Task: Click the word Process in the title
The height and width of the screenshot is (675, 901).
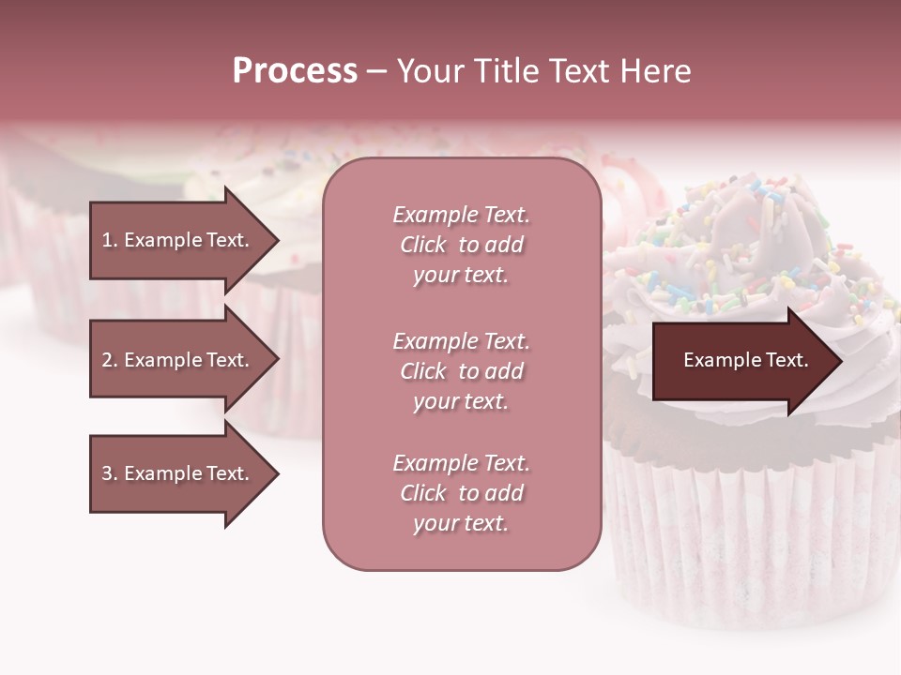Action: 295,71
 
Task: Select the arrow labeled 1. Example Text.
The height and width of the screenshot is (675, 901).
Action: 176,240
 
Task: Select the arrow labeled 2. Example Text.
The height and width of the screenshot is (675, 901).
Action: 176,360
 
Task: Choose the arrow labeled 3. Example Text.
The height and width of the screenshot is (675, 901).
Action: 176,473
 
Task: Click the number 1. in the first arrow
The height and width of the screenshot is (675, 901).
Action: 109,240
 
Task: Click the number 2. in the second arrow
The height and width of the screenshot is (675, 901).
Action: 109,360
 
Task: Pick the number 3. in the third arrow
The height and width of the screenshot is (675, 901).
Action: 109,473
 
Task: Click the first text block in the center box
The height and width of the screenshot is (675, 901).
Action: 461,245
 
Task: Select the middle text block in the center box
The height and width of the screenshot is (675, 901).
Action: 461,371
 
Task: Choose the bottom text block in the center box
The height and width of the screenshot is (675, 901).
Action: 461,493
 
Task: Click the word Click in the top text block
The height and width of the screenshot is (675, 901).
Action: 423,245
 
